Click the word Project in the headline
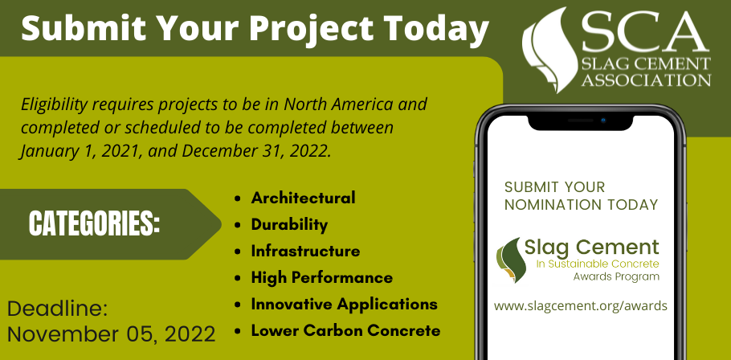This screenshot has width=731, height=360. tap(303, 29)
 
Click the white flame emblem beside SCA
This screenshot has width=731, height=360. tap(549, 44)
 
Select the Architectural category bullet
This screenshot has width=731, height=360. tap(303, 198)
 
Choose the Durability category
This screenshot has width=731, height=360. tap(289, 224)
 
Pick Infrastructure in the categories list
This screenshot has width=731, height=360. tap(305, 251)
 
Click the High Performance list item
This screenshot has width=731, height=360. tap(321, 277)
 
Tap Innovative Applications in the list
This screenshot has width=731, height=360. tap(344, 304)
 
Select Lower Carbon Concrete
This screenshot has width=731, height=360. tap(345, 330)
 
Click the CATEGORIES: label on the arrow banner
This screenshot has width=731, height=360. tap(95, 224)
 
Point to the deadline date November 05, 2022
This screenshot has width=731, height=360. tap(112, 333)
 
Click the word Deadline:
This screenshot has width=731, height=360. tap(57, 309)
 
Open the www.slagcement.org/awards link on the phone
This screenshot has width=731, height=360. tap(581, 306)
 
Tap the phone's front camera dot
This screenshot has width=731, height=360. tap(602, 120)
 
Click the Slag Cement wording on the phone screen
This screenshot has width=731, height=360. tap(592, 247)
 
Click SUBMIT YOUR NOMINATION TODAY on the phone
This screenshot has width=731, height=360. tap(582, 195)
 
